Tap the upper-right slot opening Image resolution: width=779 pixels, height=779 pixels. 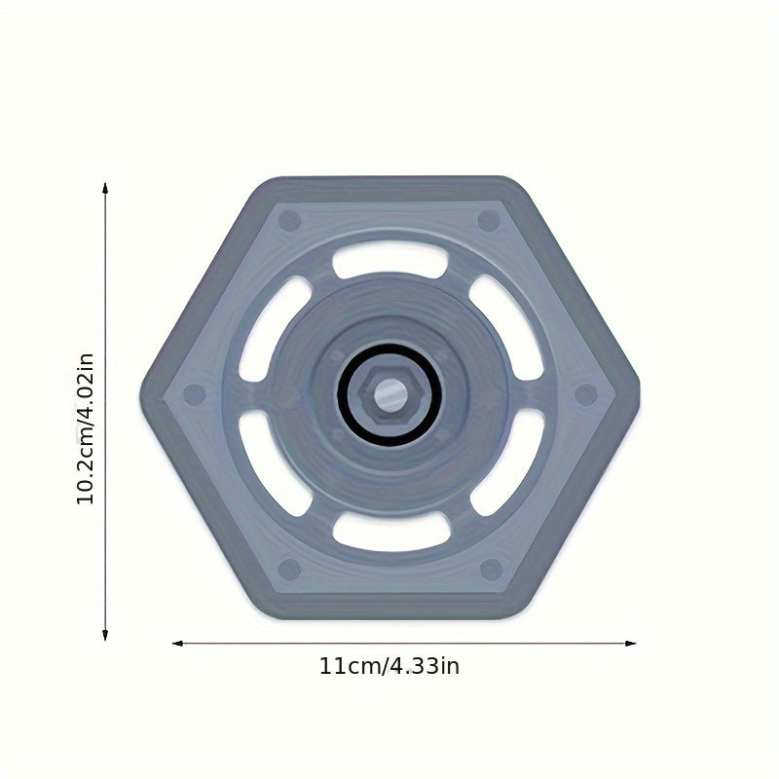pyautogui.click(x=504, y=327)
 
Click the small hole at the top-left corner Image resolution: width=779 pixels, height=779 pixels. pyautogui.click(x=289, y=221)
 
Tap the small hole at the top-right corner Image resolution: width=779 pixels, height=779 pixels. pyautogui.click(x=489, y=221)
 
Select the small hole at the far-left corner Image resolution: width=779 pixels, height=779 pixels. pyautogui.click(x=195, y=394)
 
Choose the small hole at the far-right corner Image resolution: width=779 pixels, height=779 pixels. pyautogui.click(x=585, y=394)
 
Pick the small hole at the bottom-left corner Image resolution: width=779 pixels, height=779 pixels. pyautogui.click(x=289, y=569)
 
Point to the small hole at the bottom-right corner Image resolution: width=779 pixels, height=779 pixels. pyautogui.click(x=491, y=569)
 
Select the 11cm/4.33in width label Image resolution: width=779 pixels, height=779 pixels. pyautogui.click(x=389, y=667)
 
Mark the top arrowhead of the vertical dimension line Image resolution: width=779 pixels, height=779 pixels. pyautogui.click(x=105, y=188)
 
